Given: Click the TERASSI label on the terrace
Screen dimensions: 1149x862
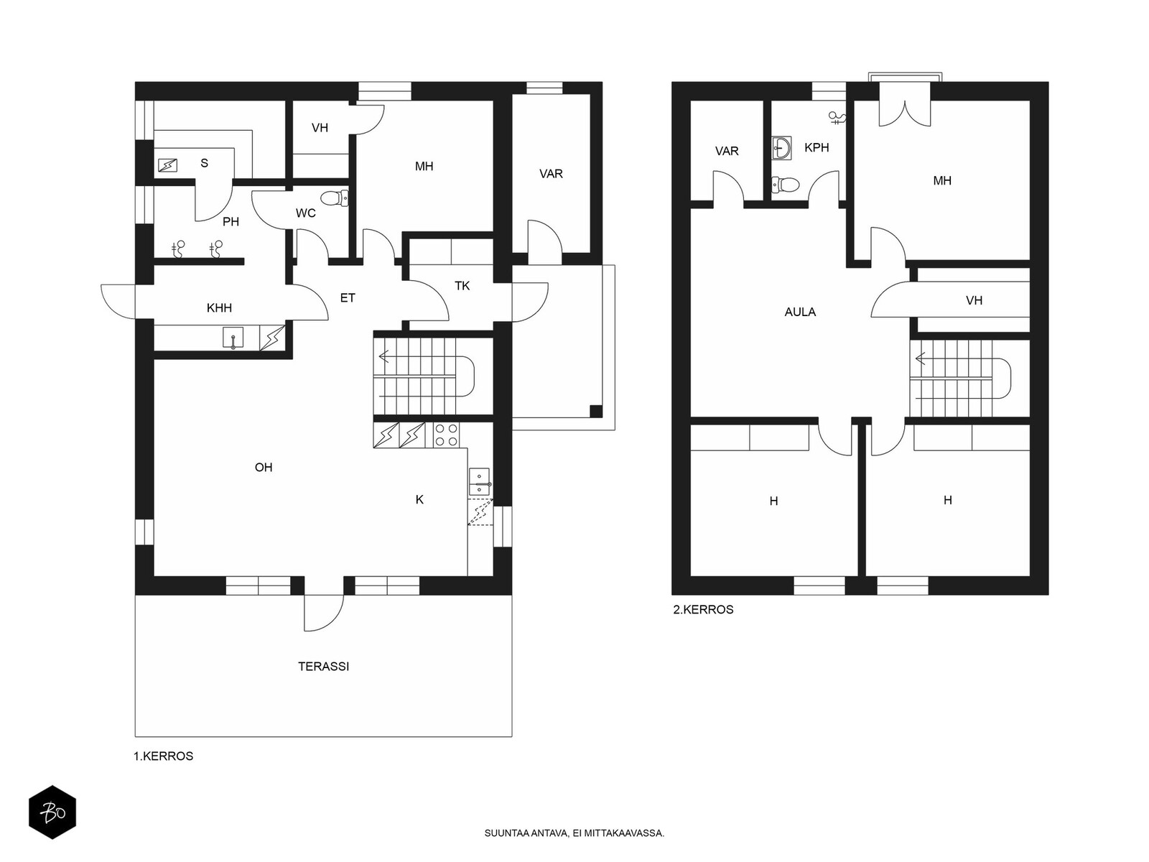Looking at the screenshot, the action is click(x=323, y=667).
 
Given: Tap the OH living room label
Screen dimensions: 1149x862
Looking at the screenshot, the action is click(x=264, y=468).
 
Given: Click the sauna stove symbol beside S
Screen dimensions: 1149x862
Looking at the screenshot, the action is click(x=167, y=165).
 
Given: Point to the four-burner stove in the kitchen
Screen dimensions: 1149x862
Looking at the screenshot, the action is click(x=446, y=435).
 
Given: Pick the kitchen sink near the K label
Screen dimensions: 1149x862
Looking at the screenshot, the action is click(x=479, y=481).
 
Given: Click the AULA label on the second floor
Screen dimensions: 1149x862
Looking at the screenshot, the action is click(x=800, y=312).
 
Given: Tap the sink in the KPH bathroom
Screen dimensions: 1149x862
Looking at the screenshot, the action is click(x=781, y=148).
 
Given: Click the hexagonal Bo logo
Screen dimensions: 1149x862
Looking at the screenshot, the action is click(x=52, y=812).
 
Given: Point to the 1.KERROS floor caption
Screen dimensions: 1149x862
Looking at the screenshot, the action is click(x=163, y=756).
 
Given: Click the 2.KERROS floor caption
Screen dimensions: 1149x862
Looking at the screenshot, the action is click(x=703, y=610).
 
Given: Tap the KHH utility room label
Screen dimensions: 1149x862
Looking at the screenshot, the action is click(x=219, y=307).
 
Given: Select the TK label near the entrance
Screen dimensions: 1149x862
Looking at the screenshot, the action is click(x=462, y=286).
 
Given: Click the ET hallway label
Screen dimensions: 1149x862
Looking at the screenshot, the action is click(x=348, y=298).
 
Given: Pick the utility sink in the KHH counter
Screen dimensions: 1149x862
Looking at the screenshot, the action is click(x=233, y=338).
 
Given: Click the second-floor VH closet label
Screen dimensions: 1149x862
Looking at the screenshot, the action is click(x=974, y=300).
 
